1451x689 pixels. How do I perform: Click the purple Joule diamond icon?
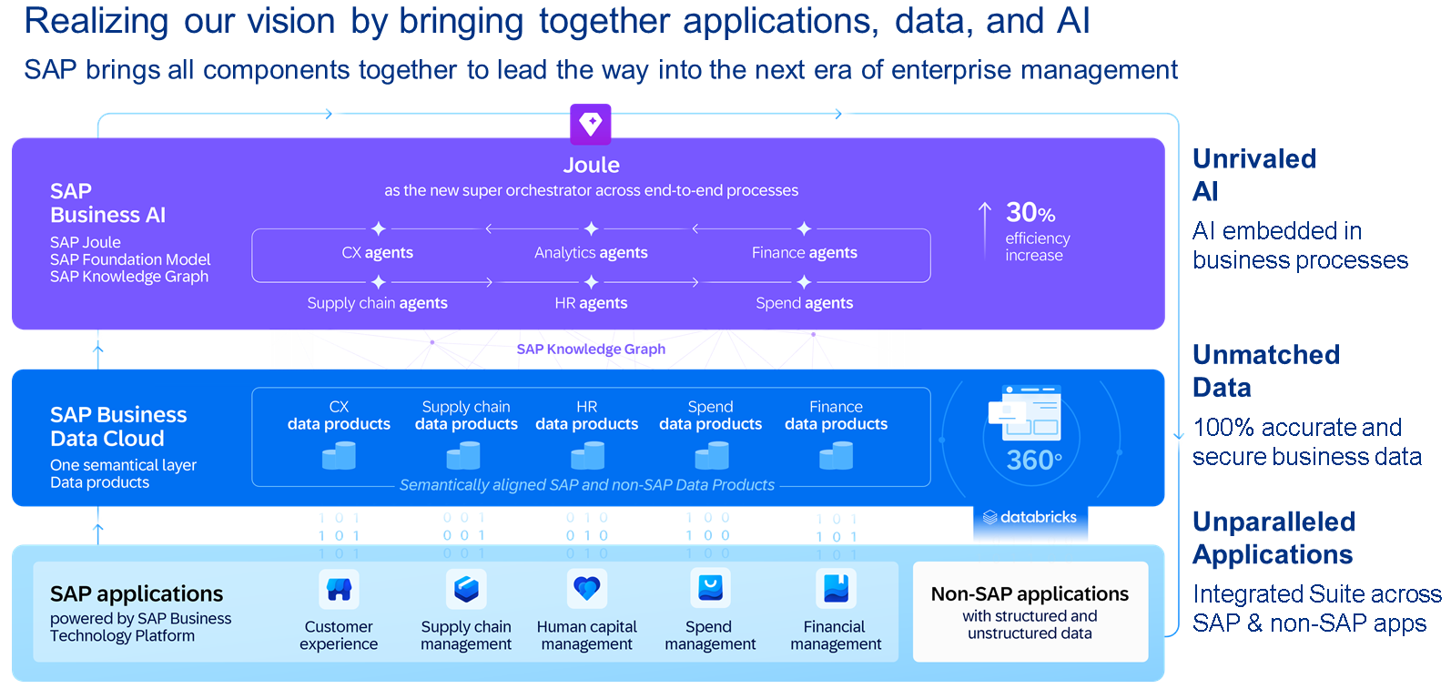[x=590, y=124]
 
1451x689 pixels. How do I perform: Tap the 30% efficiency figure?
[x=1030, y=213]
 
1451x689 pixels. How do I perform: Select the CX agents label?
[x=377, y=253]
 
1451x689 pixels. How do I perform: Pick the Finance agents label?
[x=804, y=253]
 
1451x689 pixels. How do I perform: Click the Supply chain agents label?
[x=377, y=303]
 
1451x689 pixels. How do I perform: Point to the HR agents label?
[x=591, y=303]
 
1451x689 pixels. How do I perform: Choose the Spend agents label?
[x=804, y=303]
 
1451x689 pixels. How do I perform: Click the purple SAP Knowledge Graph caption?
[x=591, y=350]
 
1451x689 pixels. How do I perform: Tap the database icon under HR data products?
[x=587, y=455]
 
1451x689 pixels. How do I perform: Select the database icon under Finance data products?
[x=836, y=455]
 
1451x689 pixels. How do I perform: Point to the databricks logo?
[x=1030, y=517]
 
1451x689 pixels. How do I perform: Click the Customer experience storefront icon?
[x=339, y=590]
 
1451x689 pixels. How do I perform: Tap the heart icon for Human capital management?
[x=586, y=589]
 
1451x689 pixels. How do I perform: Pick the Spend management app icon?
[x=710, y=588]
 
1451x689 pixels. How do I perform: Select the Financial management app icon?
[x=835, y=589]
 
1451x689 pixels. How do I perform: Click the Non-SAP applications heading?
[x=1030, y=594]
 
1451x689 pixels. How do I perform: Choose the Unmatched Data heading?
[x=1265, y=370]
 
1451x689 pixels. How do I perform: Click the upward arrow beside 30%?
[x=985, y=230]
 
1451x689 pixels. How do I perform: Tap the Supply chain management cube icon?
[x=466, y=589]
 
